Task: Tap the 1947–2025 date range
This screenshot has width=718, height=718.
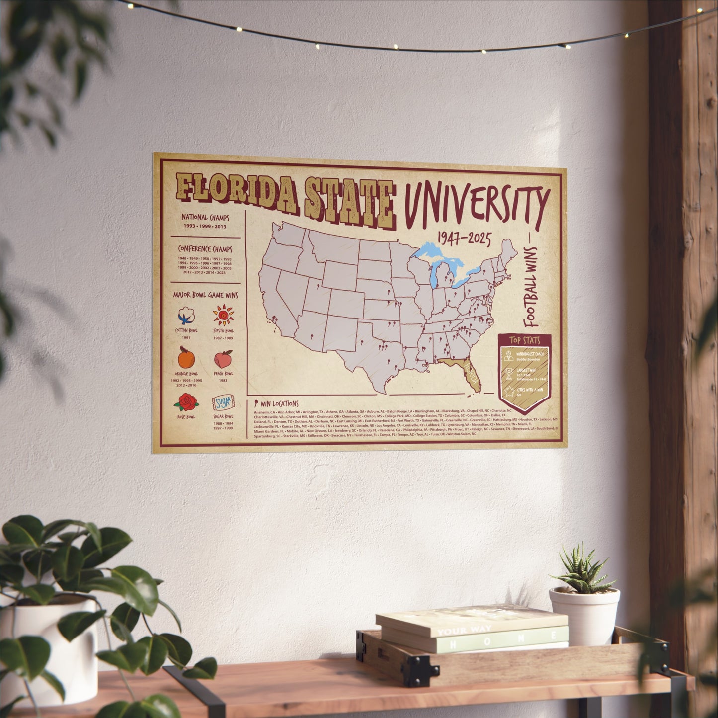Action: pyautogui.click(x=464, y=240)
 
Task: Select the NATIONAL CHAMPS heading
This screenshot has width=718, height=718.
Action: pyautogui.click(x=205, y=218)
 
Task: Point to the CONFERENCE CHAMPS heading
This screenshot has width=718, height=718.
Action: pyautogui.click(x=205, y=249)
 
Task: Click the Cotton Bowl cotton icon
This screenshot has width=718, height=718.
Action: pyautogui.click(x=186, y=315)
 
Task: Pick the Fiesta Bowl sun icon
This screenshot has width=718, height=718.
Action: pyautogui.click(x=223, y=315)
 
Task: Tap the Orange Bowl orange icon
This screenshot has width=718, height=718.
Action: pyautogui.click(x=186, y=357)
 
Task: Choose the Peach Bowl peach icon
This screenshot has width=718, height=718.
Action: pyautogui.click(x=223, y=358)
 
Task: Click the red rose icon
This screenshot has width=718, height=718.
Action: pyautogui.click(x=187, y=401)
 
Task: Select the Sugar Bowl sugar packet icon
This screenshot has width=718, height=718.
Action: pyautogui.click(x=222, y=402)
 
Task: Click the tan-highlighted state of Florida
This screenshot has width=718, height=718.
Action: pyautogui.click(x=467, y=373)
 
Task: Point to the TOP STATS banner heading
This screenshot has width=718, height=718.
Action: pyautogui.click(x=524, y=341)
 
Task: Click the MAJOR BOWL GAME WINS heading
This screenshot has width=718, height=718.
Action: pyautogui.click(x=205, y=295)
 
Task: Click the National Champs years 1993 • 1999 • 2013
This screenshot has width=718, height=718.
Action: pyautogui.click(x=204, y=226)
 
